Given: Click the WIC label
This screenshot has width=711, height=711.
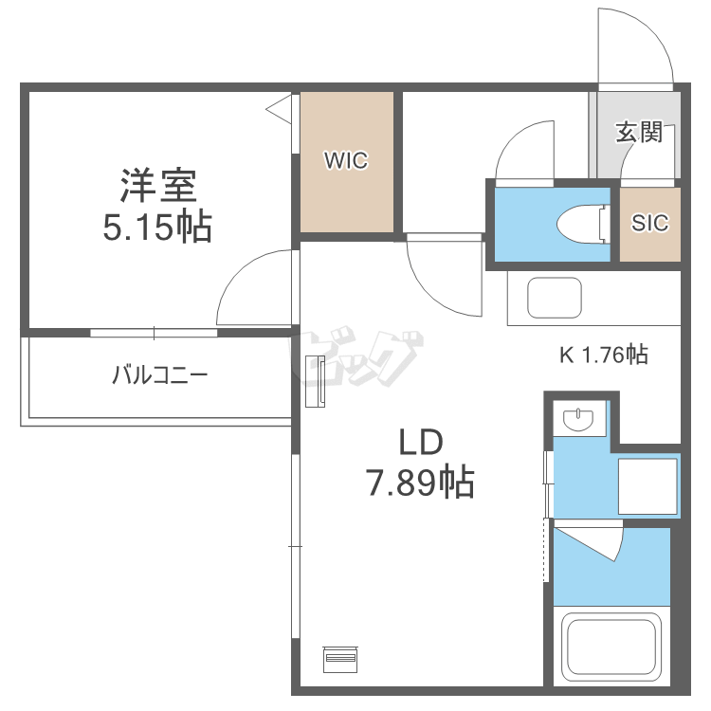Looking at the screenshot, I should [x=345, y=161].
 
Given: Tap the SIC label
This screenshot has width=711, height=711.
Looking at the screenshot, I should [x=650, y=224].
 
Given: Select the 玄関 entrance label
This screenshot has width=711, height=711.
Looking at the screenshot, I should [x=639, y=132].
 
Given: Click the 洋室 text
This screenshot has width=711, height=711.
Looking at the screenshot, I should [x=158, y=186].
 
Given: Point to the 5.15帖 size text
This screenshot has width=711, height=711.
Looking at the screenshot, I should [x=157, y=228].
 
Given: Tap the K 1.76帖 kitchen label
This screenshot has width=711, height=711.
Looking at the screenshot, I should [x=603, y=355].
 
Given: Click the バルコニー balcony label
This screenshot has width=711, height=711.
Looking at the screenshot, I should [x=159, y=375].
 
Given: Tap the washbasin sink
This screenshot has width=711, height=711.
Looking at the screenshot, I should [x=577, y=418].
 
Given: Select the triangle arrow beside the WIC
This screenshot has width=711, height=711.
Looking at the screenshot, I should [x=280, y=110].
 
